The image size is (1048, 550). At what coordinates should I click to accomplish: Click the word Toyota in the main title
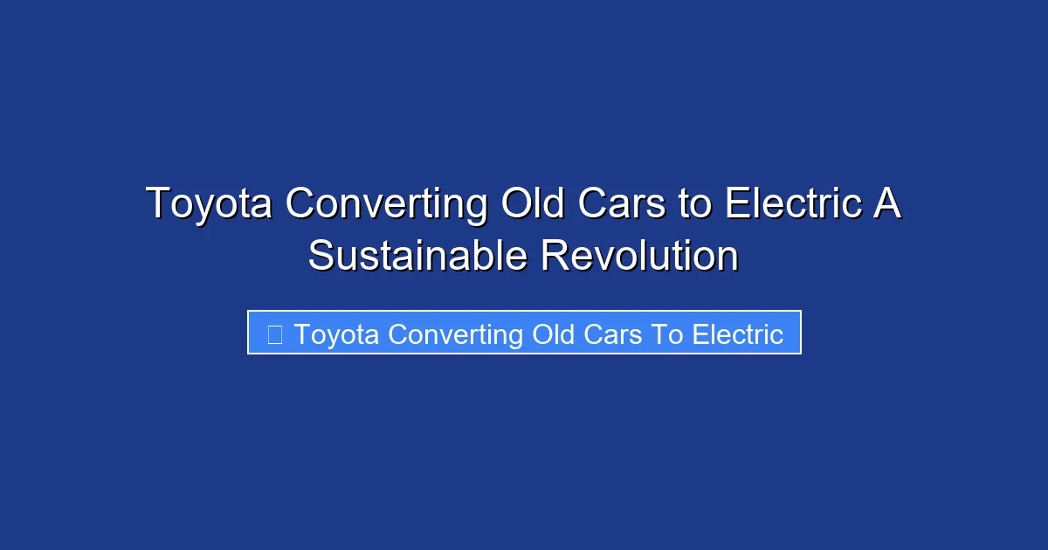[210, 204]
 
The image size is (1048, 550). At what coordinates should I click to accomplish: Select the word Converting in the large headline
[386, 204]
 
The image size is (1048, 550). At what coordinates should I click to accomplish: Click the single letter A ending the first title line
[888, 204]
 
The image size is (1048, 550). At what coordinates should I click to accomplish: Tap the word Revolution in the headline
[639, 257]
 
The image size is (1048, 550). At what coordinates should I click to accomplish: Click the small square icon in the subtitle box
[274, 334]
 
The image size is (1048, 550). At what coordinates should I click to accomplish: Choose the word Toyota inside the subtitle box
[337, 334]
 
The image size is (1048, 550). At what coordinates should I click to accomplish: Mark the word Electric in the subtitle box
[738, 334]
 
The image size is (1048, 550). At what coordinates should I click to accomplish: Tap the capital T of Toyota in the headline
[157, 204]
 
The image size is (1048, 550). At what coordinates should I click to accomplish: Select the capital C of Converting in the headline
[300, 204]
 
